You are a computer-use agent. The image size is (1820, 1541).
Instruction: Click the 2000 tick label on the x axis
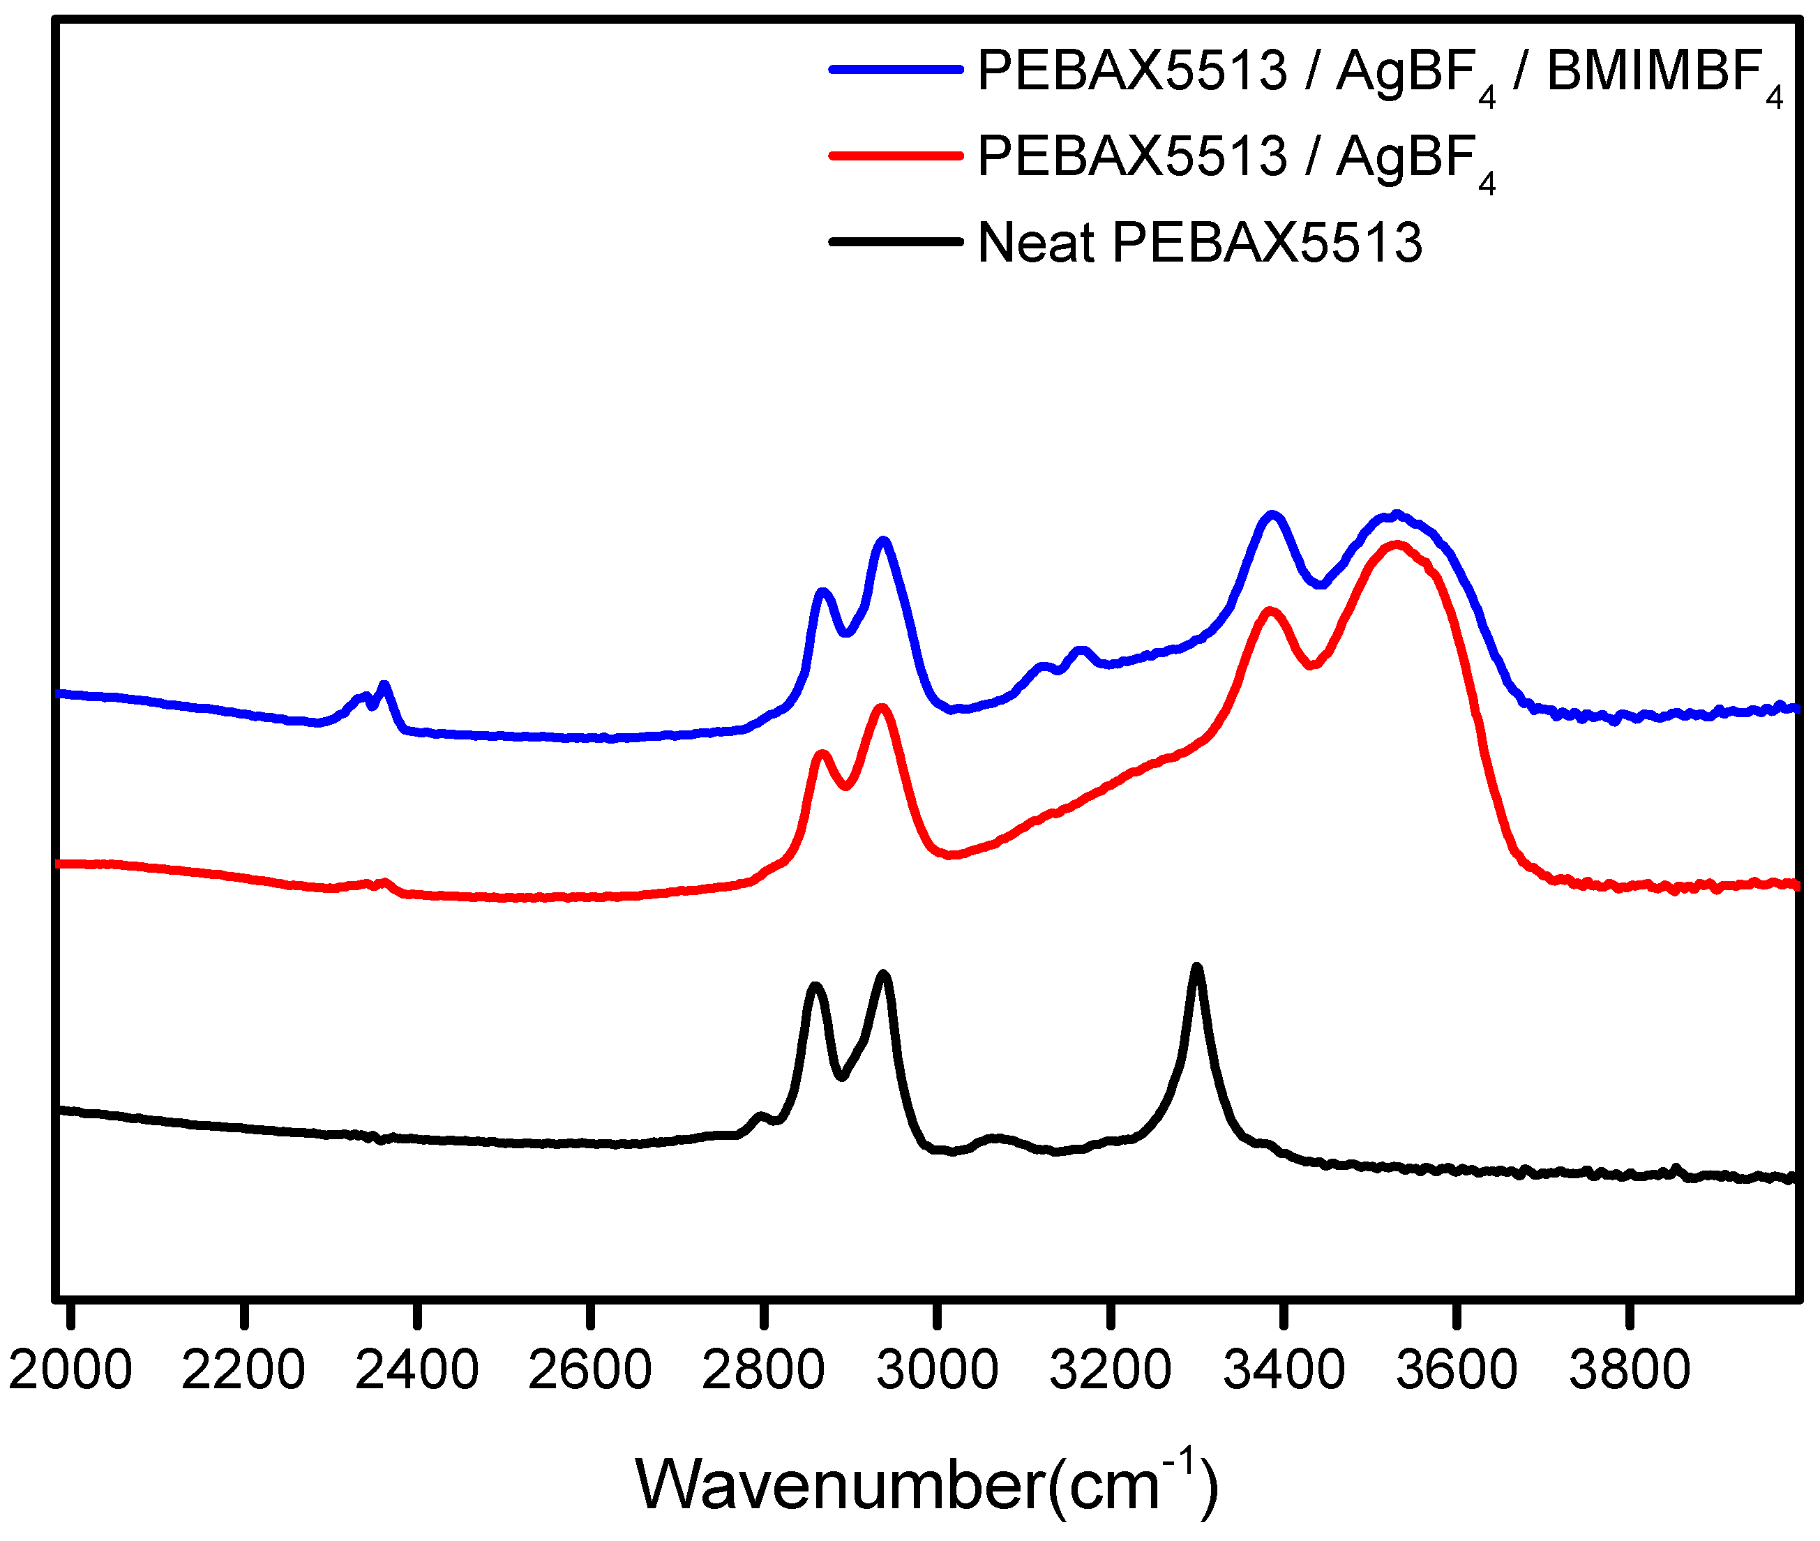tap(70, 1370)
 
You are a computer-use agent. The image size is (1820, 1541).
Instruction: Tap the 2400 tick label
tap(416, 1370)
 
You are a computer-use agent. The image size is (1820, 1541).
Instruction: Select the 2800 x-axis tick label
tap(763, 1370)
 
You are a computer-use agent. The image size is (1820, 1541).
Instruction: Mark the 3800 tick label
tap(1630, 1370)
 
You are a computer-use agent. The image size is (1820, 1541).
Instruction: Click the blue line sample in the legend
tap(895, 68)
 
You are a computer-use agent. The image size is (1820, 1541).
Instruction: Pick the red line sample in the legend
tap(895, 156)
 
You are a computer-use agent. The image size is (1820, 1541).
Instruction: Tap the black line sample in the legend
tap(895, 241)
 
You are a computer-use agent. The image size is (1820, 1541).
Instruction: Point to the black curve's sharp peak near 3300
tap(1197, 968)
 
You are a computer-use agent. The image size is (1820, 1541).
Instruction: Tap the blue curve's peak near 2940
tap(883, 541)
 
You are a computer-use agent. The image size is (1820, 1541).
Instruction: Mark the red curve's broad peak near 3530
tap(1397, 545)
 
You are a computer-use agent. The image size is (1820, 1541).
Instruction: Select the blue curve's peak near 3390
tap(1272, 515)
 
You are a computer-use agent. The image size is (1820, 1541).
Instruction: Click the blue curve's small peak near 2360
tap(384, 686)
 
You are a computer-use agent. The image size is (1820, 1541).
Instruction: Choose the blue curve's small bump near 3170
tap(1081, 650)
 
